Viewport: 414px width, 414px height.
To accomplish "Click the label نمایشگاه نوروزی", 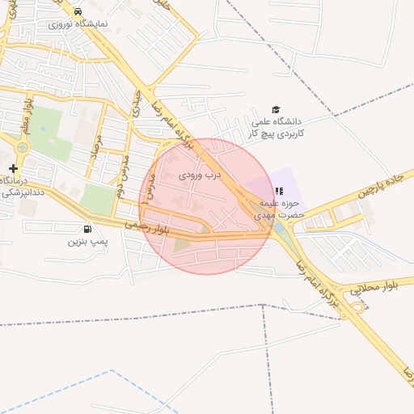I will (x=71, y=24).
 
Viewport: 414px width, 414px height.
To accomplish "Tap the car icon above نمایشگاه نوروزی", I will (x=77, y=12).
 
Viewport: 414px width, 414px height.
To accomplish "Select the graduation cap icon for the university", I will (x=276, y=109).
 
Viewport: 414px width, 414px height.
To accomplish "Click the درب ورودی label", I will (x=199, y=174).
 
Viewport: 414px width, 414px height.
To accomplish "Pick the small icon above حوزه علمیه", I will (x=279, y=192).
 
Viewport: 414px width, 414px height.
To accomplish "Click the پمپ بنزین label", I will (x=87, y=241).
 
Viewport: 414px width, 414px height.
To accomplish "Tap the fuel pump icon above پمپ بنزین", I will (x=87, y=229).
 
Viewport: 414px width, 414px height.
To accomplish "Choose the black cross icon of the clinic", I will (x=13, y=168).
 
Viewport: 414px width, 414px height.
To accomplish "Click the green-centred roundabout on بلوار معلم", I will (x=22, y=147).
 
